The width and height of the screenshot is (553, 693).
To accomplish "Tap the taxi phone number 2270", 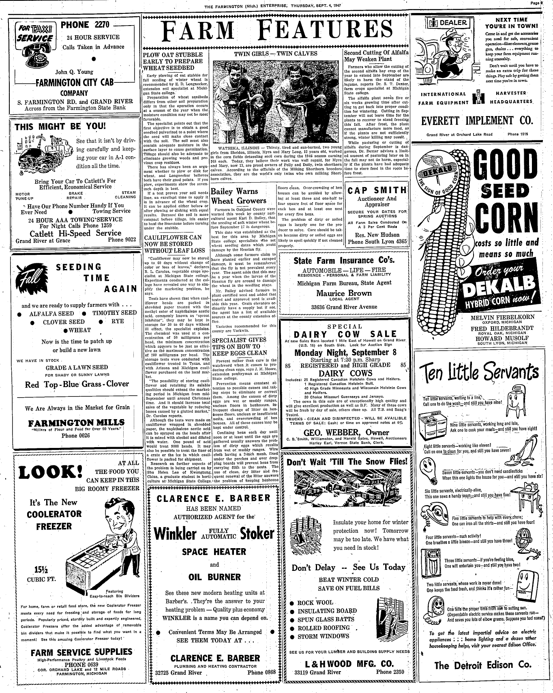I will coord(85,25).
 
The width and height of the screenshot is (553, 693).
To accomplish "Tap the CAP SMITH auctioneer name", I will coord(377,190).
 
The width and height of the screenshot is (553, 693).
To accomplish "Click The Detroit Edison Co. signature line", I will coord(482,665).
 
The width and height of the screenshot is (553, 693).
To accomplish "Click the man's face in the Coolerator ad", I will coord(119,520).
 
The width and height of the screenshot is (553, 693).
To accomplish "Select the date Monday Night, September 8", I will coord(345,353).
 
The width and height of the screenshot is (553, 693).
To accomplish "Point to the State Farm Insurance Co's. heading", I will coord(344,260).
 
